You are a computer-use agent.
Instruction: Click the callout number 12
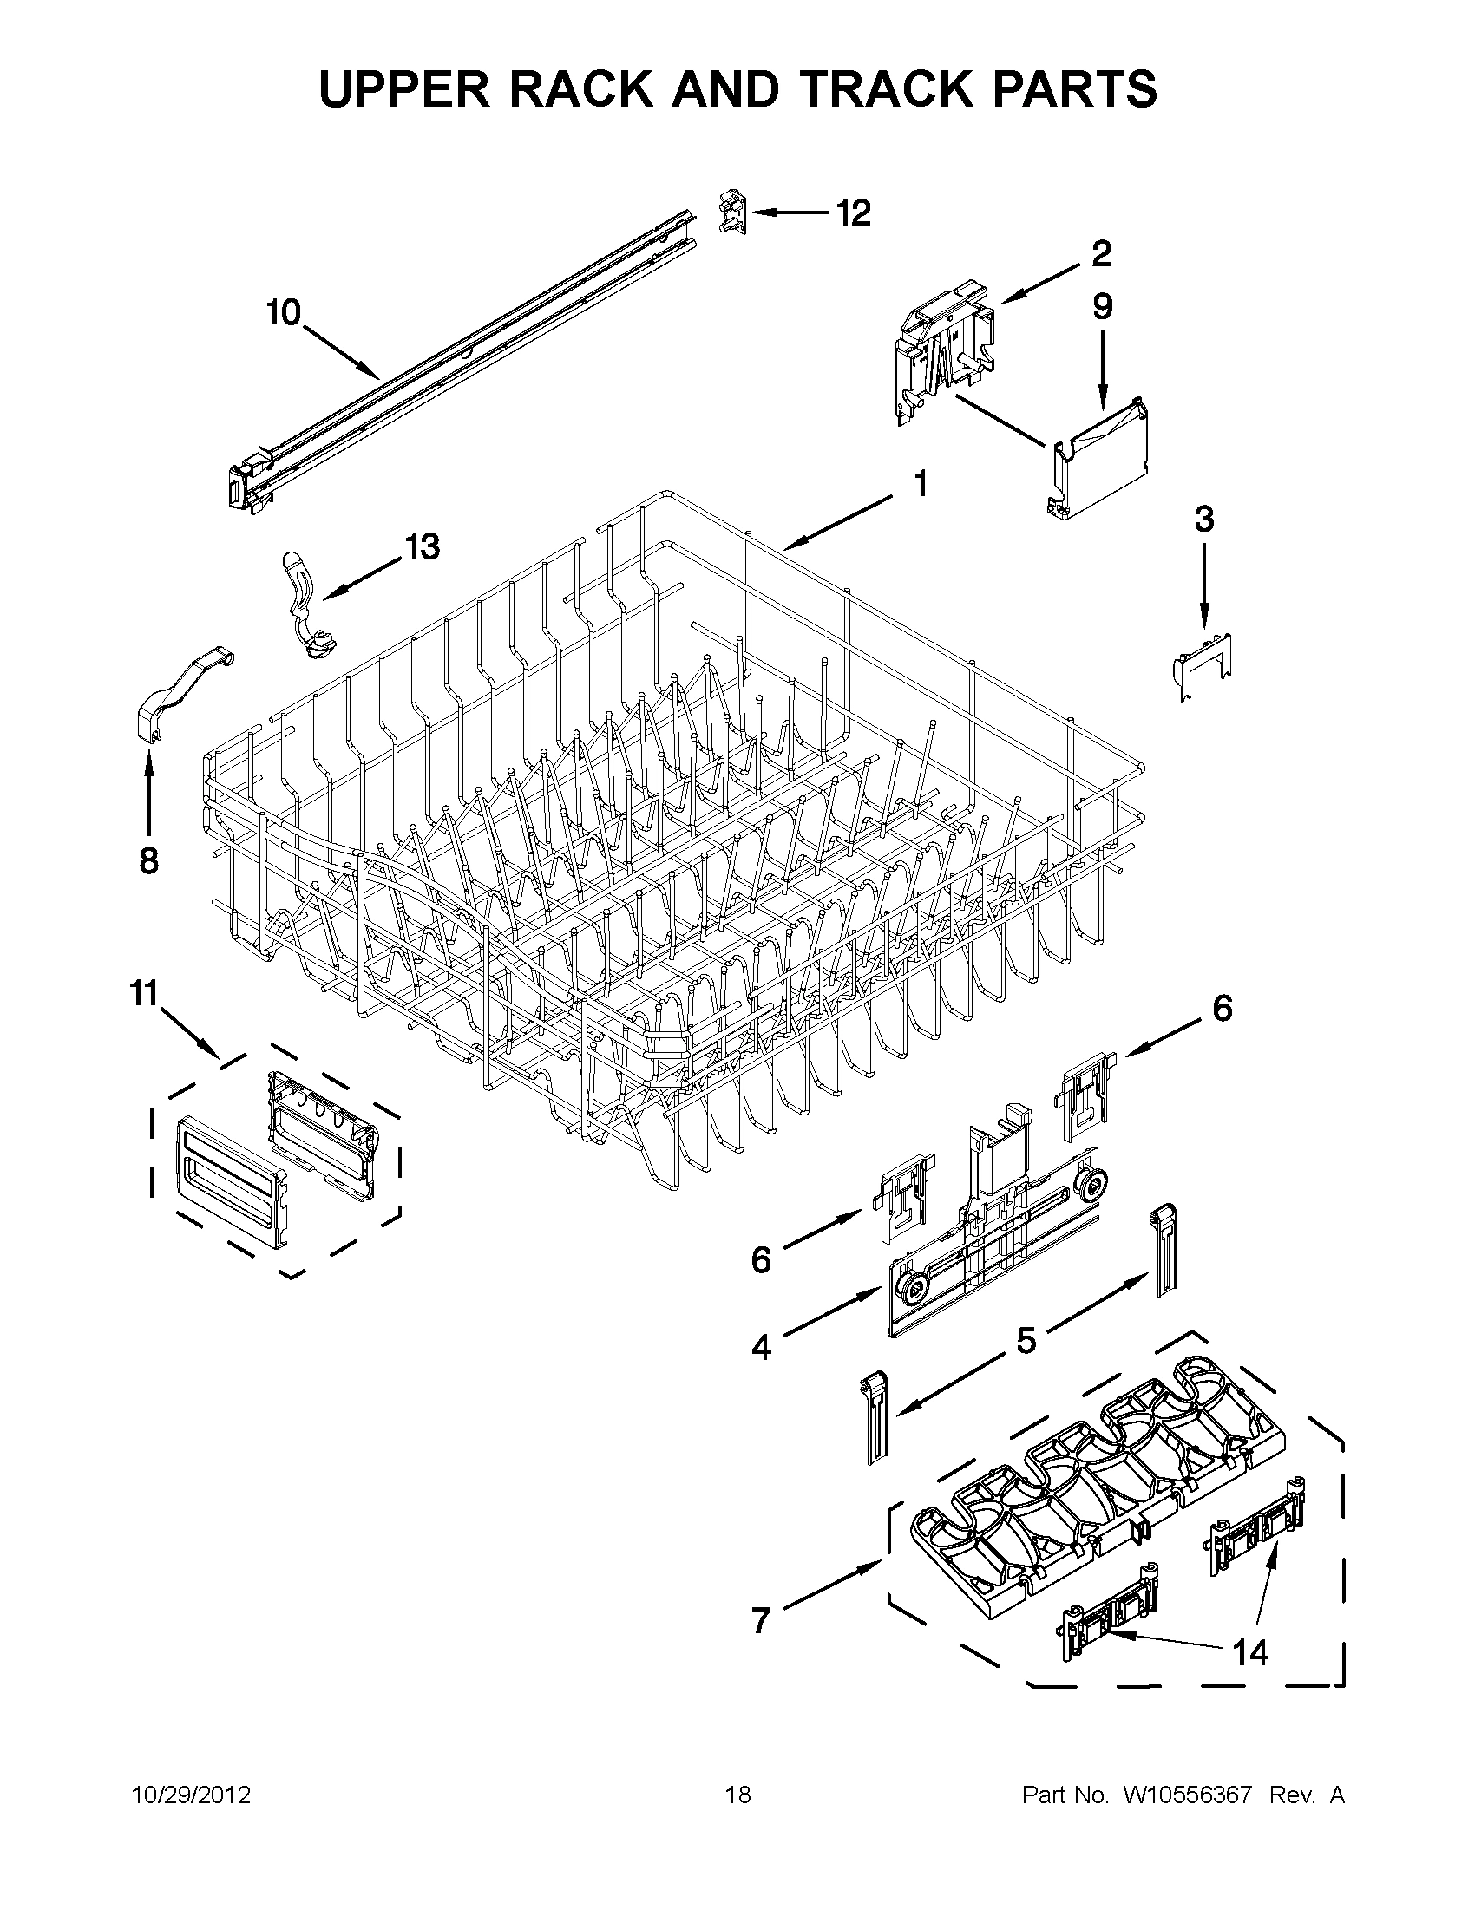[854, 212]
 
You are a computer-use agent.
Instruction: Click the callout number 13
[422, 547]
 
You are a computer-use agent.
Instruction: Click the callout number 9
[1102, 307]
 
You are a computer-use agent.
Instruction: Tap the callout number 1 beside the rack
[920, 482]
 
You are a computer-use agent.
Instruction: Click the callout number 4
[762, 1349]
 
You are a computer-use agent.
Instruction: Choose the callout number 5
[1026, 1339]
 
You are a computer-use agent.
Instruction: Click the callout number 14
[1249, 1652]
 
